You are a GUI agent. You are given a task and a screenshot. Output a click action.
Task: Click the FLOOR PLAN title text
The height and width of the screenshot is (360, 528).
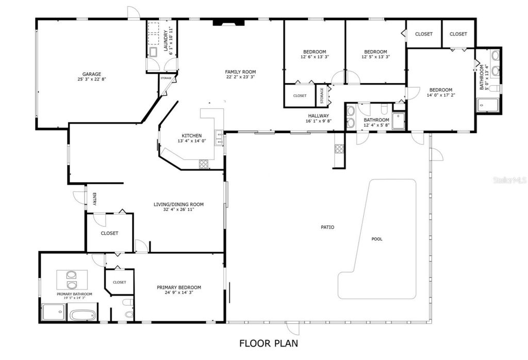[x=268, y=343]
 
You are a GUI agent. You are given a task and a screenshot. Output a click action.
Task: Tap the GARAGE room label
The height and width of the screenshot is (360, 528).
[x=92, y=74]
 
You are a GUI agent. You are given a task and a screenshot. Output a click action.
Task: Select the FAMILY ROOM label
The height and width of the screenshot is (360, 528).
[x=240, y=72]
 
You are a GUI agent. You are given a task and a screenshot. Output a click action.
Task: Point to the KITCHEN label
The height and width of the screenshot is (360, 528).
[x=191, y=136]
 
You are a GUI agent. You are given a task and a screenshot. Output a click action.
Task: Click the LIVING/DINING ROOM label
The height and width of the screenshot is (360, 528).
[x=178, y=204]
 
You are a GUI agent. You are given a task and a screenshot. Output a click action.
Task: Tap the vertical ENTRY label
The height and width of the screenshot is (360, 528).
[x=94, y=199]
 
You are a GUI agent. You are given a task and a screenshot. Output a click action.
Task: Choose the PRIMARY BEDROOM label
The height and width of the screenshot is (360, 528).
[x=179, y=287]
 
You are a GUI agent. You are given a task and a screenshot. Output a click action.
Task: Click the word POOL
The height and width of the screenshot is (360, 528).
[x=377, y=239]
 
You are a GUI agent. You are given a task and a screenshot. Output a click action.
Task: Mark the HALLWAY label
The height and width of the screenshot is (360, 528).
[x=319, y=116]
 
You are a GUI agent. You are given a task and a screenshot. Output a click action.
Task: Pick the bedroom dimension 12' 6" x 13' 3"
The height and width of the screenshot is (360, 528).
[x=314, y=57]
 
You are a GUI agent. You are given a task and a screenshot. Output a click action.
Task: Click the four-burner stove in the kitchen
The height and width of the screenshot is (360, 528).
[x=204, y=165]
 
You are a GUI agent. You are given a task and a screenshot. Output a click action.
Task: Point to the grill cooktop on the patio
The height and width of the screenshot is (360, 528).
[x=339, y=149]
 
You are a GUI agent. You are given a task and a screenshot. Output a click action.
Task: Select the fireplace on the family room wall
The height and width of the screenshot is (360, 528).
[x=226, y=22]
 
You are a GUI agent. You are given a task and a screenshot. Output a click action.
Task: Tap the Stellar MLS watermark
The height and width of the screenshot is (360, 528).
[x=509, y=181]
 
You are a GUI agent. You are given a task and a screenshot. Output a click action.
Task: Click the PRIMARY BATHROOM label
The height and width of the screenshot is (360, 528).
[x=74, y=294]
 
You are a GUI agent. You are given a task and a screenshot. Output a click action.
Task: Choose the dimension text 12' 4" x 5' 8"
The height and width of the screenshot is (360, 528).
[x=376, y=125]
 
